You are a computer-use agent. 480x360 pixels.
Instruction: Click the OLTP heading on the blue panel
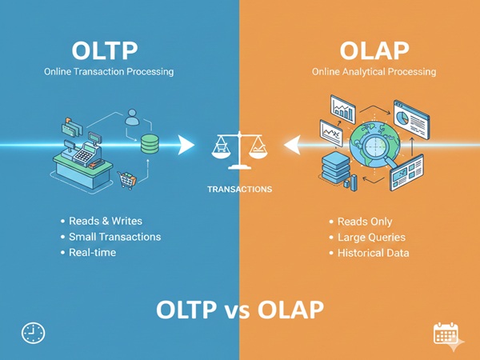pyautogui.click(x=105, y=50)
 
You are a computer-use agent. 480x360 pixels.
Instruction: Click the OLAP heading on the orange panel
pyautogui.click(x=374, y=50)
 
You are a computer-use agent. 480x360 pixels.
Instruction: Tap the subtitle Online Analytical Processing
pyautogui.click(x=374, y=72)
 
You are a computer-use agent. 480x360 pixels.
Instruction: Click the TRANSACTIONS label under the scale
pyautogui.click(x=239, y=190)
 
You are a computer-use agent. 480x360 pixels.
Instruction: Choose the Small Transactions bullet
pyautogui.click(x=114, y=237)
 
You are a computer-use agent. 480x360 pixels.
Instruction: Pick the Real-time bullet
pyautogui.click(x=92, y=253)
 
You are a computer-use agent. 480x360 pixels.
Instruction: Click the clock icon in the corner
pyautogui.click(x=33, y=333)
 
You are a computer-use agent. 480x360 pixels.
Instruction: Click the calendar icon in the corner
pyautogui.click(x=444, y=334)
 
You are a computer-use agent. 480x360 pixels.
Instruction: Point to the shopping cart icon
pyautogui.click(x=126, y=179)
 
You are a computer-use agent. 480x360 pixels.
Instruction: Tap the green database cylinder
pyautogui.click(x=150, y=144)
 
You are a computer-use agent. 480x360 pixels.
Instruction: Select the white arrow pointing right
pyautogui.click(x=186, y=145)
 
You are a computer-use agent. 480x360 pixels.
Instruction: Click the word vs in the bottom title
pyautogui.click(x=239, y=308)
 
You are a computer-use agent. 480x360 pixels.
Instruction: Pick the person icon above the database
pyautogui.click(x=133, y=118)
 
